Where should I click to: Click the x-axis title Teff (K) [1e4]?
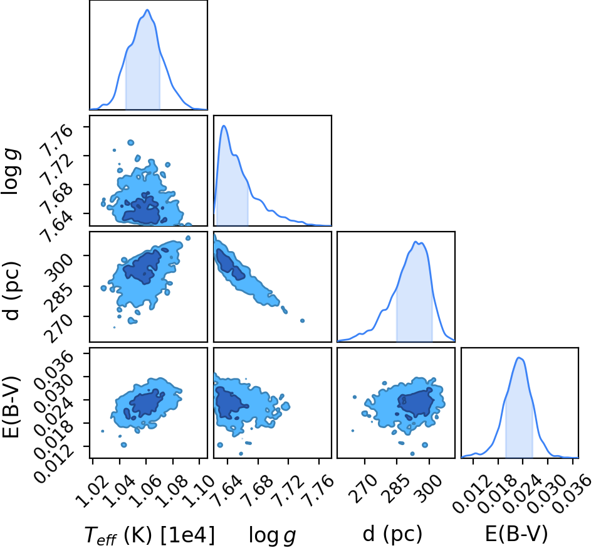[x=150, y=535]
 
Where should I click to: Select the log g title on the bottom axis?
[x=272, y=535]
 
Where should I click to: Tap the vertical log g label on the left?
[x=11, y=172]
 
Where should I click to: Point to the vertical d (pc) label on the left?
[x=10, y=291]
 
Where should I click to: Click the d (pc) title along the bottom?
[x=392, y=534]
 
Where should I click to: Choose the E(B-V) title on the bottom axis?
[x=516, y=534]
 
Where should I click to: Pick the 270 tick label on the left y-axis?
[x=58, y=328]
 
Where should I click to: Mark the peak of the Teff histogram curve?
[x=147, y=10]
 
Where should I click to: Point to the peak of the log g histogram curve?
[x=224, y=126]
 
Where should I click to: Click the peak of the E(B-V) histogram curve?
[x=519, y=357]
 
